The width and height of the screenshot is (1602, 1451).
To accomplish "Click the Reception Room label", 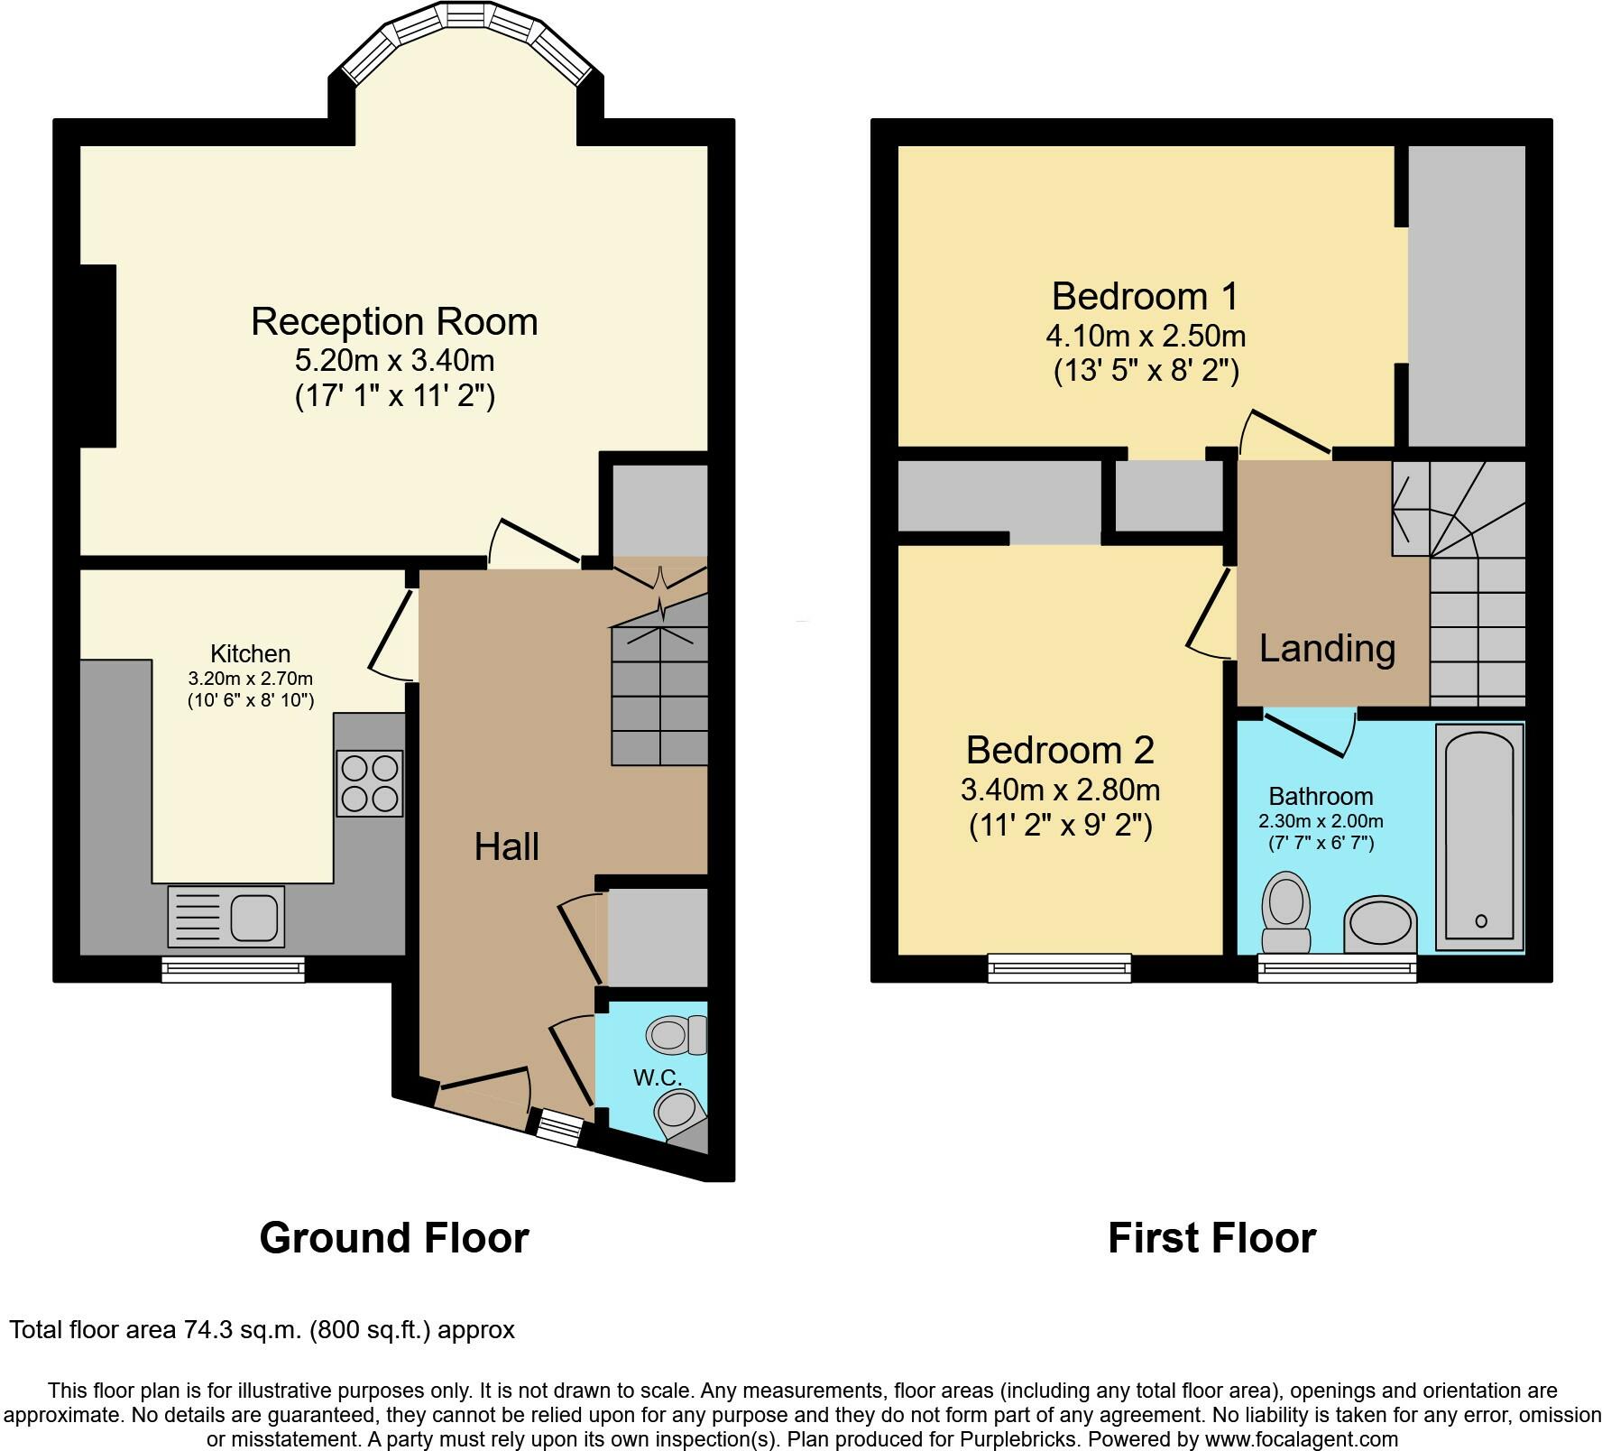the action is coord(394,322).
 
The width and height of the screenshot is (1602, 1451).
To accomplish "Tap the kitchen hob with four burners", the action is coord(370,783).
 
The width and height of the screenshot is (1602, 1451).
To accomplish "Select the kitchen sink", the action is coord(226,917).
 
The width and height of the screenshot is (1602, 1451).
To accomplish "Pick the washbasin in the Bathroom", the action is coord(1380,925).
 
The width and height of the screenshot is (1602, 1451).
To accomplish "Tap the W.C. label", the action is coord(657,1077).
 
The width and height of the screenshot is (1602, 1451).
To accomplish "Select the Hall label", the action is coord(507,846).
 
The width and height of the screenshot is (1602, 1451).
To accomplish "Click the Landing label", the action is coord(1327,649).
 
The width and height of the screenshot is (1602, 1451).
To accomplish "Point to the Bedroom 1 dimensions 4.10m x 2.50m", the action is coord(1146,337).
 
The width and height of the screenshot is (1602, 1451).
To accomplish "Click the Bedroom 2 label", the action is coord(1060,750).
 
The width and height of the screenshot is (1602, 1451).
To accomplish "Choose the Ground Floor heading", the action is coord(394,1237).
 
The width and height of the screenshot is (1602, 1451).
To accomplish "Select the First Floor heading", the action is coord(1211,1237).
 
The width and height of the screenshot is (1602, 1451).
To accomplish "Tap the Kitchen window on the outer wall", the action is coord(233,969).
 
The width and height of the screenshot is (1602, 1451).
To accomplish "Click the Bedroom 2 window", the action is coord(1060,968).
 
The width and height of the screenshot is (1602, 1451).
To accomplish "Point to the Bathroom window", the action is coord(1338,968).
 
